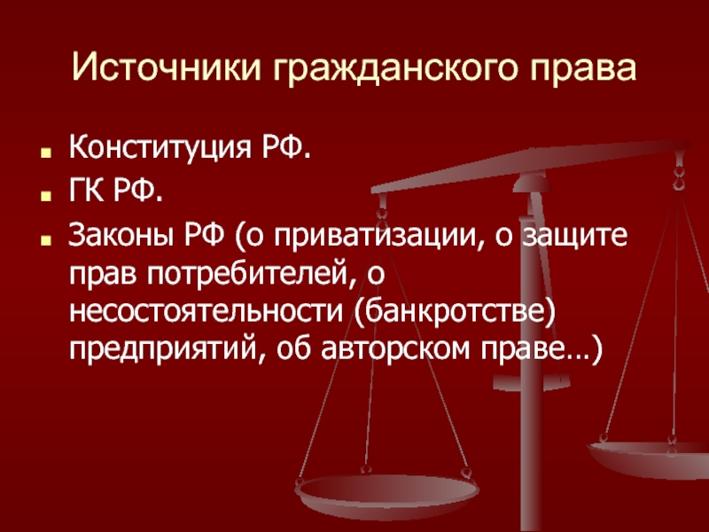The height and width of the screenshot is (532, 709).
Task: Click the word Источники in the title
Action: pyautogui.click(x=167, y=67)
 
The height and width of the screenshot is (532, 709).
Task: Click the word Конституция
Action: pyautogui.click(x=160, y=147)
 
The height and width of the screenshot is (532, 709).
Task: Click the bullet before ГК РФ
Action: pyautogui.click(x=44, y=196)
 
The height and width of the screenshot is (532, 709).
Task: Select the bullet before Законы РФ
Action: pyautogui.click(x=44, y=239)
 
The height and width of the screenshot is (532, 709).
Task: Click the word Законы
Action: pyautogui.click(x=121, y=235)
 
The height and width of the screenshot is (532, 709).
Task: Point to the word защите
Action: pyautogui.click(x=574, y=237)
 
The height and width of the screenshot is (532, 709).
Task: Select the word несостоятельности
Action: pyautogui.click(x=206, y=312)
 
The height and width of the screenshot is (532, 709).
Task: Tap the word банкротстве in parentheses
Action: pyautogui.click(x=454, y=311)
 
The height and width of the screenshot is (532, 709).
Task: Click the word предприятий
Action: pyautogui.click(x=165, y=349)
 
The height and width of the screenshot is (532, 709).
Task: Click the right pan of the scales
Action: pyautogui.click(x=649, y=458)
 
